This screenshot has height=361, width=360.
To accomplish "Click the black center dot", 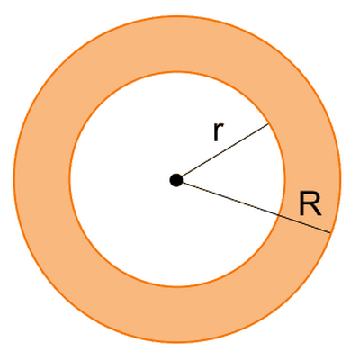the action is coord(176,180).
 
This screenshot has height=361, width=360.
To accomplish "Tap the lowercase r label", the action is coord(218,131).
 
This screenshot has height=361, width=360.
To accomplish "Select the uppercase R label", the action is coord(310,204).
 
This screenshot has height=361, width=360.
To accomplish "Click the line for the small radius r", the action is coord(222,152).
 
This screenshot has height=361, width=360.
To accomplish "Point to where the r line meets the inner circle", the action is coord(268,123).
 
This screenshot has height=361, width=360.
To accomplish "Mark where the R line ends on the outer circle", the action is coord(330,232).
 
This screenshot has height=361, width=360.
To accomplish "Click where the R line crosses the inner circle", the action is coord(278,215).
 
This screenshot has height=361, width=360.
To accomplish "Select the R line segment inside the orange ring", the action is coord(304,223).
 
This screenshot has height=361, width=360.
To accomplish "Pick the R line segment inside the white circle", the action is coord(227,197).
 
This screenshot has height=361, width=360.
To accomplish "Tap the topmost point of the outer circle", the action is coord(177,16).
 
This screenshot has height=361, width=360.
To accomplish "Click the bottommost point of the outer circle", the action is coord(177,342).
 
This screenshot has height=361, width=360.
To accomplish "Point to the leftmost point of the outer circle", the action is coord(14,179).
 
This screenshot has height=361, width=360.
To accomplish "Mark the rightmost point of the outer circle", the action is coord(340,179).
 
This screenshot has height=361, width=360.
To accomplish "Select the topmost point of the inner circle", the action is coord(177,72).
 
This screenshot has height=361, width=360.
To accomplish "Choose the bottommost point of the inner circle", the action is coord(177,287).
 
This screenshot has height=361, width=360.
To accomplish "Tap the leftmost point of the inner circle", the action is coord(70,179).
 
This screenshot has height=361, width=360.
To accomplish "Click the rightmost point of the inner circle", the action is coord(284,179).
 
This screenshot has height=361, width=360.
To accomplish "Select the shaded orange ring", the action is coord(42,179).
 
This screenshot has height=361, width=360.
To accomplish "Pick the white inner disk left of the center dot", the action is coord(120,180).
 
